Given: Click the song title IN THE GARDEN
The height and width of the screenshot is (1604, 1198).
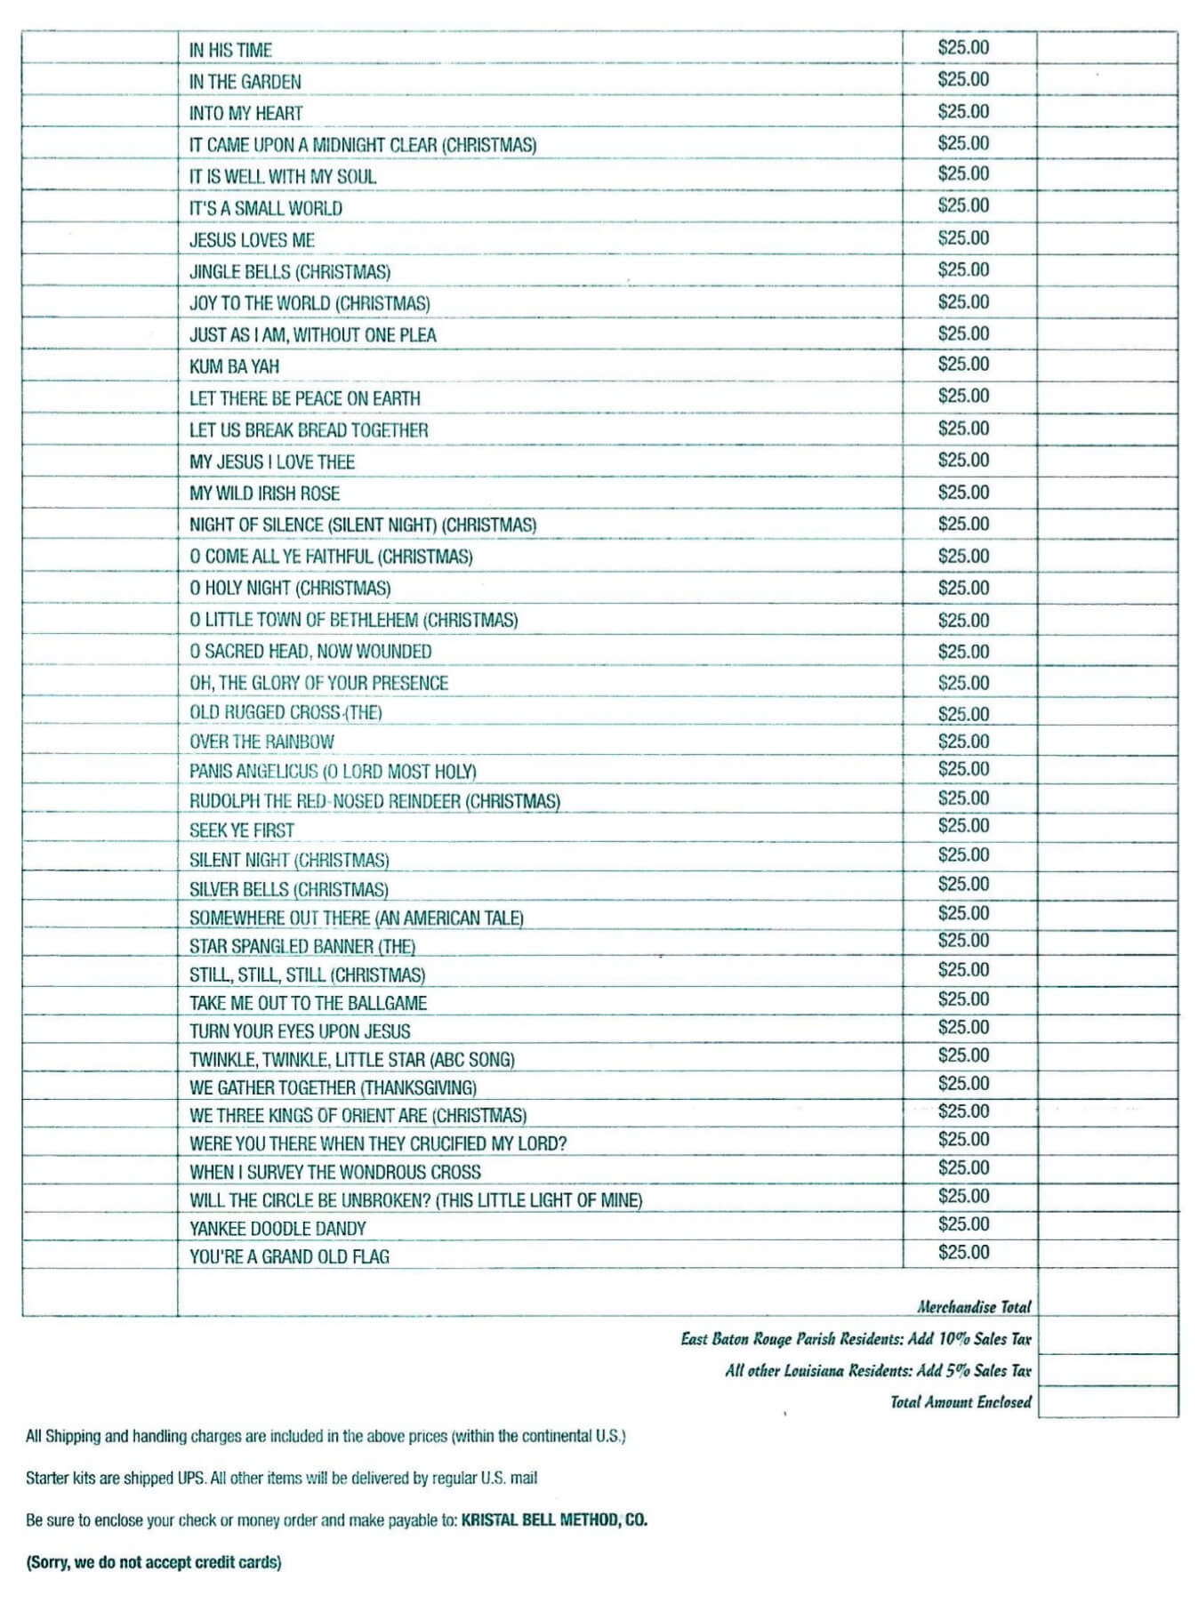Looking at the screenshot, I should pyautogui.click(x=245, y=82).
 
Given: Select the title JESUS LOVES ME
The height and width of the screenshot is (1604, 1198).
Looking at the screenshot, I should pyautogui.click(x=252, y=240).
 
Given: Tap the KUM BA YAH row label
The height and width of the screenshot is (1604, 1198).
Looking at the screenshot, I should pyautogui.click(x=234, y=366).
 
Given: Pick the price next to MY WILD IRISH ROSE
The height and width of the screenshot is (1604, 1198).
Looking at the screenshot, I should pyautogui.click(x=963, y=493).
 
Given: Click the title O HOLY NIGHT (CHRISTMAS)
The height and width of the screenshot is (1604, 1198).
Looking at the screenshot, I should pyautogui.click(x=290, y=588).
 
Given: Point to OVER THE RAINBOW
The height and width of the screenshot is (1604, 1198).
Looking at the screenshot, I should pyautogui.click(x=261, y=742).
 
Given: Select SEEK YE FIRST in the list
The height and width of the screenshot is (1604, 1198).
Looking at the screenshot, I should pyautogui.click(x=242, y=830).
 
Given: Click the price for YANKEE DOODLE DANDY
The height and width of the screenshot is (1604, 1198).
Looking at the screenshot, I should pyautogui.click(x=963, y=1224).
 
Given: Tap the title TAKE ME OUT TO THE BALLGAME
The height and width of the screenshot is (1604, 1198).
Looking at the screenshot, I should pyautogui.click(x=308, y=1003).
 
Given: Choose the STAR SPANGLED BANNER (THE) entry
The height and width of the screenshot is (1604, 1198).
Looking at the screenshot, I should pyautogui.click(x=302, y=946).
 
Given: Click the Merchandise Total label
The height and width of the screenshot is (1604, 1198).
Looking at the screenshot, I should pyautogui.click(x=974, y=1307).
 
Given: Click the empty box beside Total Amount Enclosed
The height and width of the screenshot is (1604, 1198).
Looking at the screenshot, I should pyautogui.click(x=1107, y=1401).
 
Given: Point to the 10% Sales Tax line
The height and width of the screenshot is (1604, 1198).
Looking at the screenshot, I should pyautogui.click(x=856, y=1339).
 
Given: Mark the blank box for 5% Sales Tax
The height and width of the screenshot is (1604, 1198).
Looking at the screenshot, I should pyautogui.click(x=1107, y=1370).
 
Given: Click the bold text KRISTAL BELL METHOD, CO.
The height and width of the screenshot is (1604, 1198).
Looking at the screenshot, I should pyautogui.click(x=554, y=1520).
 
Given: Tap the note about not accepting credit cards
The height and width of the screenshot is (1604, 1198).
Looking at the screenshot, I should pyautogui.click(x=154, y=1562).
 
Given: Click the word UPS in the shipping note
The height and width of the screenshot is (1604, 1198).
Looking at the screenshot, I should pyautogui.click(x=193, y=1478).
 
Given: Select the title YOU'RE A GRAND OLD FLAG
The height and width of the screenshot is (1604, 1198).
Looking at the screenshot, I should pyautogui.click(x=289, y=1256).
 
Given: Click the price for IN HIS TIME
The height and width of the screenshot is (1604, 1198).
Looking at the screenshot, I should pyautogui.click(x=963, y=47).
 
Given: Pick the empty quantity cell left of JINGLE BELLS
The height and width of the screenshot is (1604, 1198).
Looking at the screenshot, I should pyautogui.click(x=100, y=270).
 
